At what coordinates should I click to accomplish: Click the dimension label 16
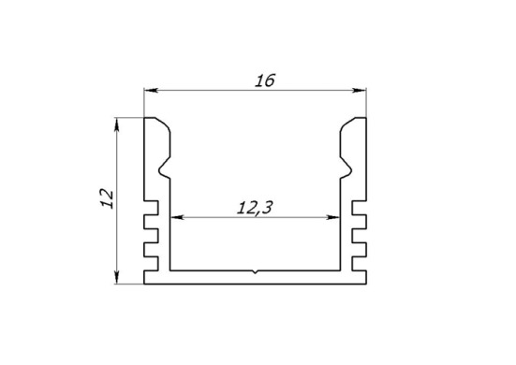(265, 80)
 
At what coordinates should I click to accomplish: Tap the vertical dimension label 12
(107, 198)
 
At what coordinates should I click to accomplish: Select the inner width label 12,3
(255, 208)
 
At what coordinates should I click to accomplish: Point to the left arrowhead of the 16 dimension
(151, 90)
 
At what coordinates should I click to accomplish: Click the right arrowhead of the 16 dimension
(360, 90)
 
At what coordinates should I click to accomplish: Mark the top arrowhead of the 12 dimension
(116, 125)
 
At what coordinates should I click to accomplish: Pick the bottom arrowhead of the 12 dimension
(116, 276)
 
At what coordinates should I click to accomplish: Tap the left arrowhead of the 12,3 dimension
(177, 217)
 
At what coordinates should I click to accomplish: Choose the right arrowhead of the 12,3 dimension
(332, 217)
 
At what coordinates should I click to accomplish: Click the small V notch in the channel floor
(255, 272)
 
